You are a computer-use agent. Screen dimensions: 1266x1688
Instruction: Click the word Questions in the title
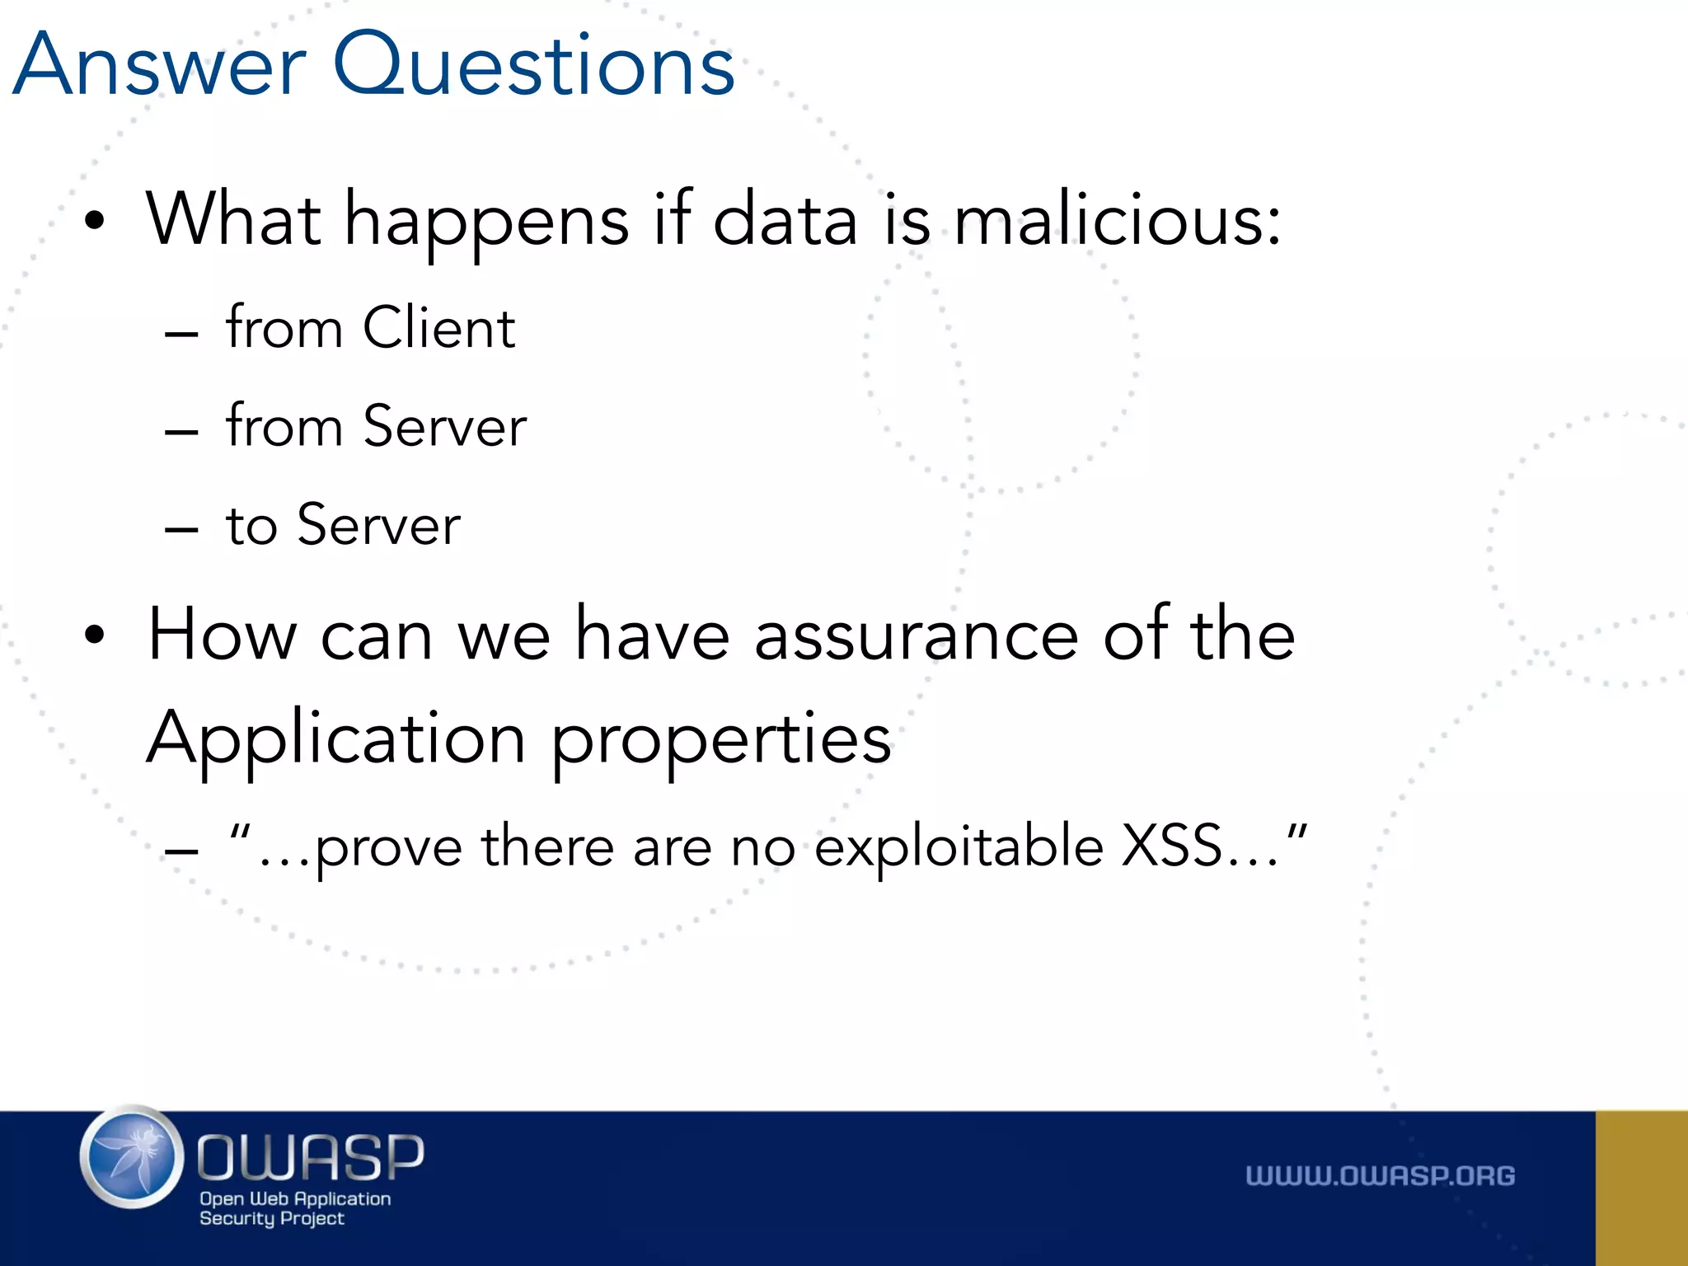click(533, 66)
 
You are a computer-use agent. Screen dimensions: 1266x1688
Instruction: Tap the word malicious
click(1118, 219)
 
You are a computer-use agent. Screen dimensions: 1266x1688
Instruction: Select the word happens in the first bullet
click(486, 221)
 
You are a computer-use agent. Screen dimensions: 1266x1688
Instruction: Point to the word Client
click(439, 328)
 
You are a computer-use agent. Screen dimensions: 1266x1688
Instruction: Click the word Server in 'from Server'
click(445, 427)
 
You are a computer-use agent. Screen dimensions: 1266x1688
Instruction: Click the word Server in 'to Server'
click(379, 525)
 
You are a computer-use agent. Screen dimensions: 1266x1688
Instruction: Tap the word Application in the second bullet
click(336, 738)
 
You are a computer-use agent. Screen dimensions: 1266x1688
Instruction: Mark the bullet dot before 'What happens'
click(95, 221)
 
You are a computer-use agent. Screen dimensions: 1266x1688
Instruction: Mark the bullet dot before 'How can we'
click(95, 635)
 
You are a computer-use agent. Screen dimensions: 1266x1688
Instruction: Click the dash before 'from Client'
click(181, 334)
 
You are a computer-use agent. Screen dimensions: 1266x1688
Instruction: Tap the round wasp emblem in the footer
click(132, 1157)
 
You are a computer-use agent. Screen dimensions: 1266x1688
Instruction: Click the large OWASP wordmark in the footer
click(311, 1156)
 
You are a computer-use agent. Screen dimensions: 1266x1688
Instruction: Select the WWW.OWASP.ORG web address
click(1380, 1175)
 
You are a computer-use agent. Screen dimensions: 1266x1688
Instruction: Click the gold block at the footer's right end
click(1641, 1188)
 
